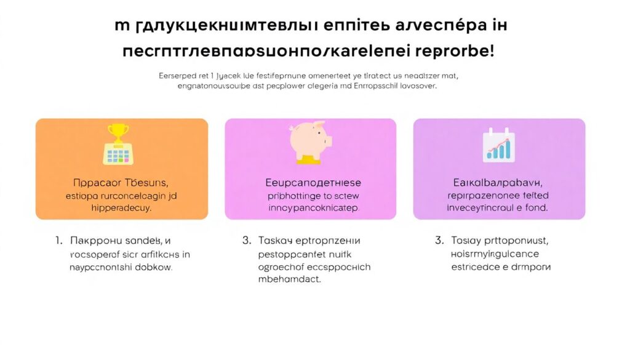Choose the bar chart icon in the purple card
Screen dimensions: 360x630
pyautogui.click(x=498, y=146)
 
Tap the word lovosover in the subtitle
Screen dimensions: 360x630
pyautogui.click(x=414, y=87)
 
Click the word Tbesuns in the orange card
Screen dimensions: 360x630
pyautogui.click(x=145, y=183)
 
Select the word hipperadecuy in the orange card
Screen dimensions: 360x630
pyautogui.click(x=121, y=208)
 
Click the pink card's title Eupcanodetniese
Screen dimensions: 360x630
pyautogui.click(x=313, y=183)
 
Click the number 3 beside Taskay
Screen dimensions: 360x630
pyautogui.click(x=247, y=241)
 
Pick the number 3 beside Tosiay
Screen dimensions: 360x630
pyautogui.click(x=439, y=241)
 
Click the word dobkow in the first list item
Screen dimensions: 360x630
pyautogui.click(x=154, y=268)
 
